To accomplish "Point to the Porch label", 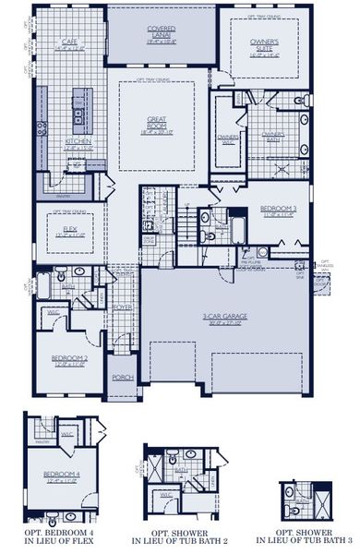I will point(123,377).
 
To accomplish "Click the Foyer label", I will point(123,310).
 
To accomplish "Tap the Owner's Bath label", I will point(272,136).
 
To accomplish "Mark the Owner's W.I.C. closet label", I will point(227,139).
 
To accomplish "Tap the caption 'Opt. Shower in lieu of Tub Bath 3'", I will point(304,538).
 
